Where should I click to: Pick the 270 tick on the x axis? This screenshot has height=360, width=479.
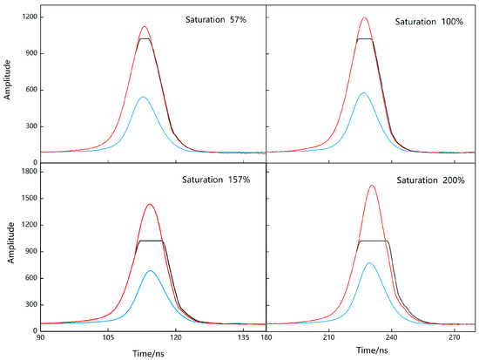point(454,336)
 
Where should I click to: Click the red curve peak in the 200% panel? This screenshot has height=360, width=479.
point(372,185)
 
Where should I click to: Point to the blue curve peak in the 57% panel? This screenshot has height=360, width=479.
point(143,96)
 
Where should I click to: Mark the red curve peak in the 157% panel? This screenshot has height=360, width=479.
point(150,204)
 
